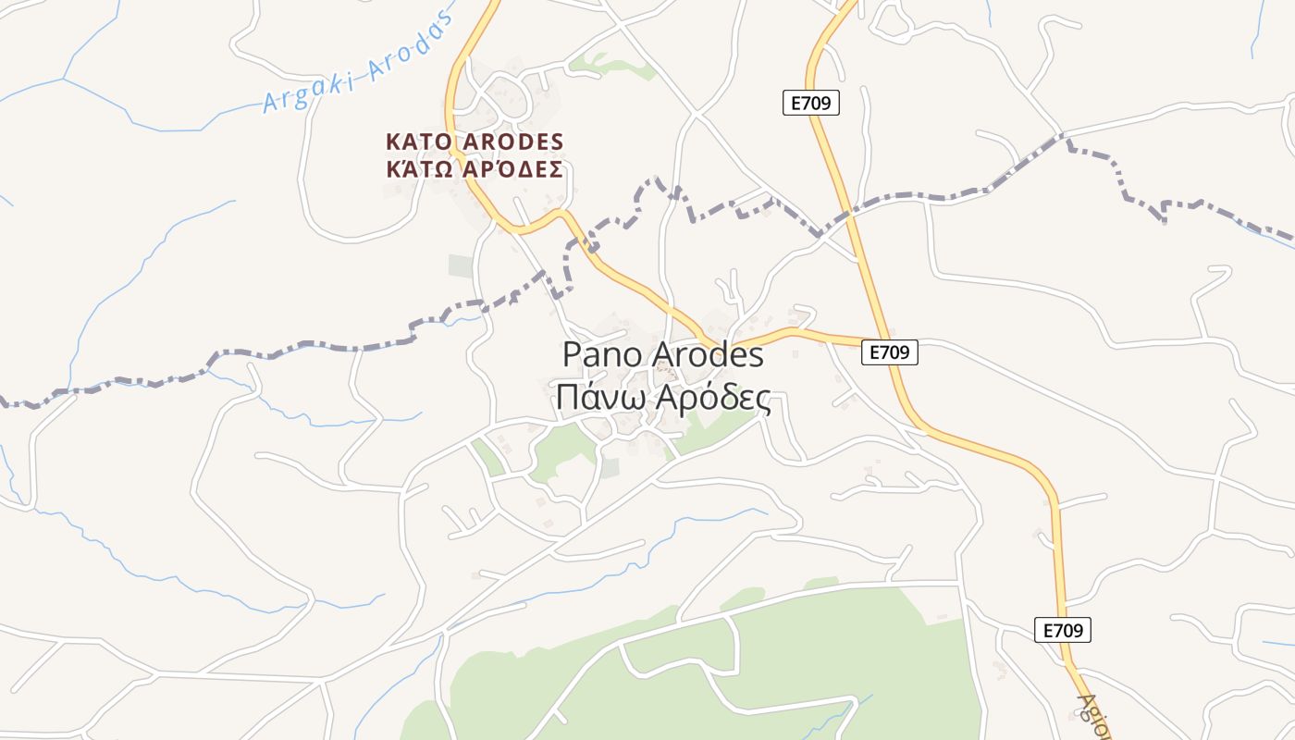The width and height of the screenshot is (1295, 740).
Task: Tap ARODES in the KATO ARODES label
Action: click(x=513, y=142)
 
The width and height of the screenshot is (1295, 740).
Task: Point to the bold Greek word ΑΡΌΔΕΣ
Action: click(x=513, y=169)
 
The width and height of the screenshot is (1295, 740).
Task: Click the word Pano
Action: click(x=603, y=355)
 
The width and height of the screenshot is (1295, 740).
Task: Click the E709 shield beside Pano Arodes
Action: click(x=889, y=351)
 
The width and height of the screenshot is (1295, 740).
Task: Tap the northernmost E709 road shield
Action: click(x=811, y=103)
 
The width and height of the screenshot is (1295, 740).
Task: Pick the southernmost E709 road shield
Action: click(x=1063, y=630)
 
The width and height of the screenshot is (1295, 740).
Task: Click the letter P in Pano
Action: click(x=572, y=355)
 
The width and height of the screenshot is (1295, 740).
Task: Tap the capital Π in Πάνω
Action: click(x=568, y=397)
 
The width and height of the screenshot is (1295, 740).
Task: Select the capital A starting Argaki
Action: click(x=270, y=101)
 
